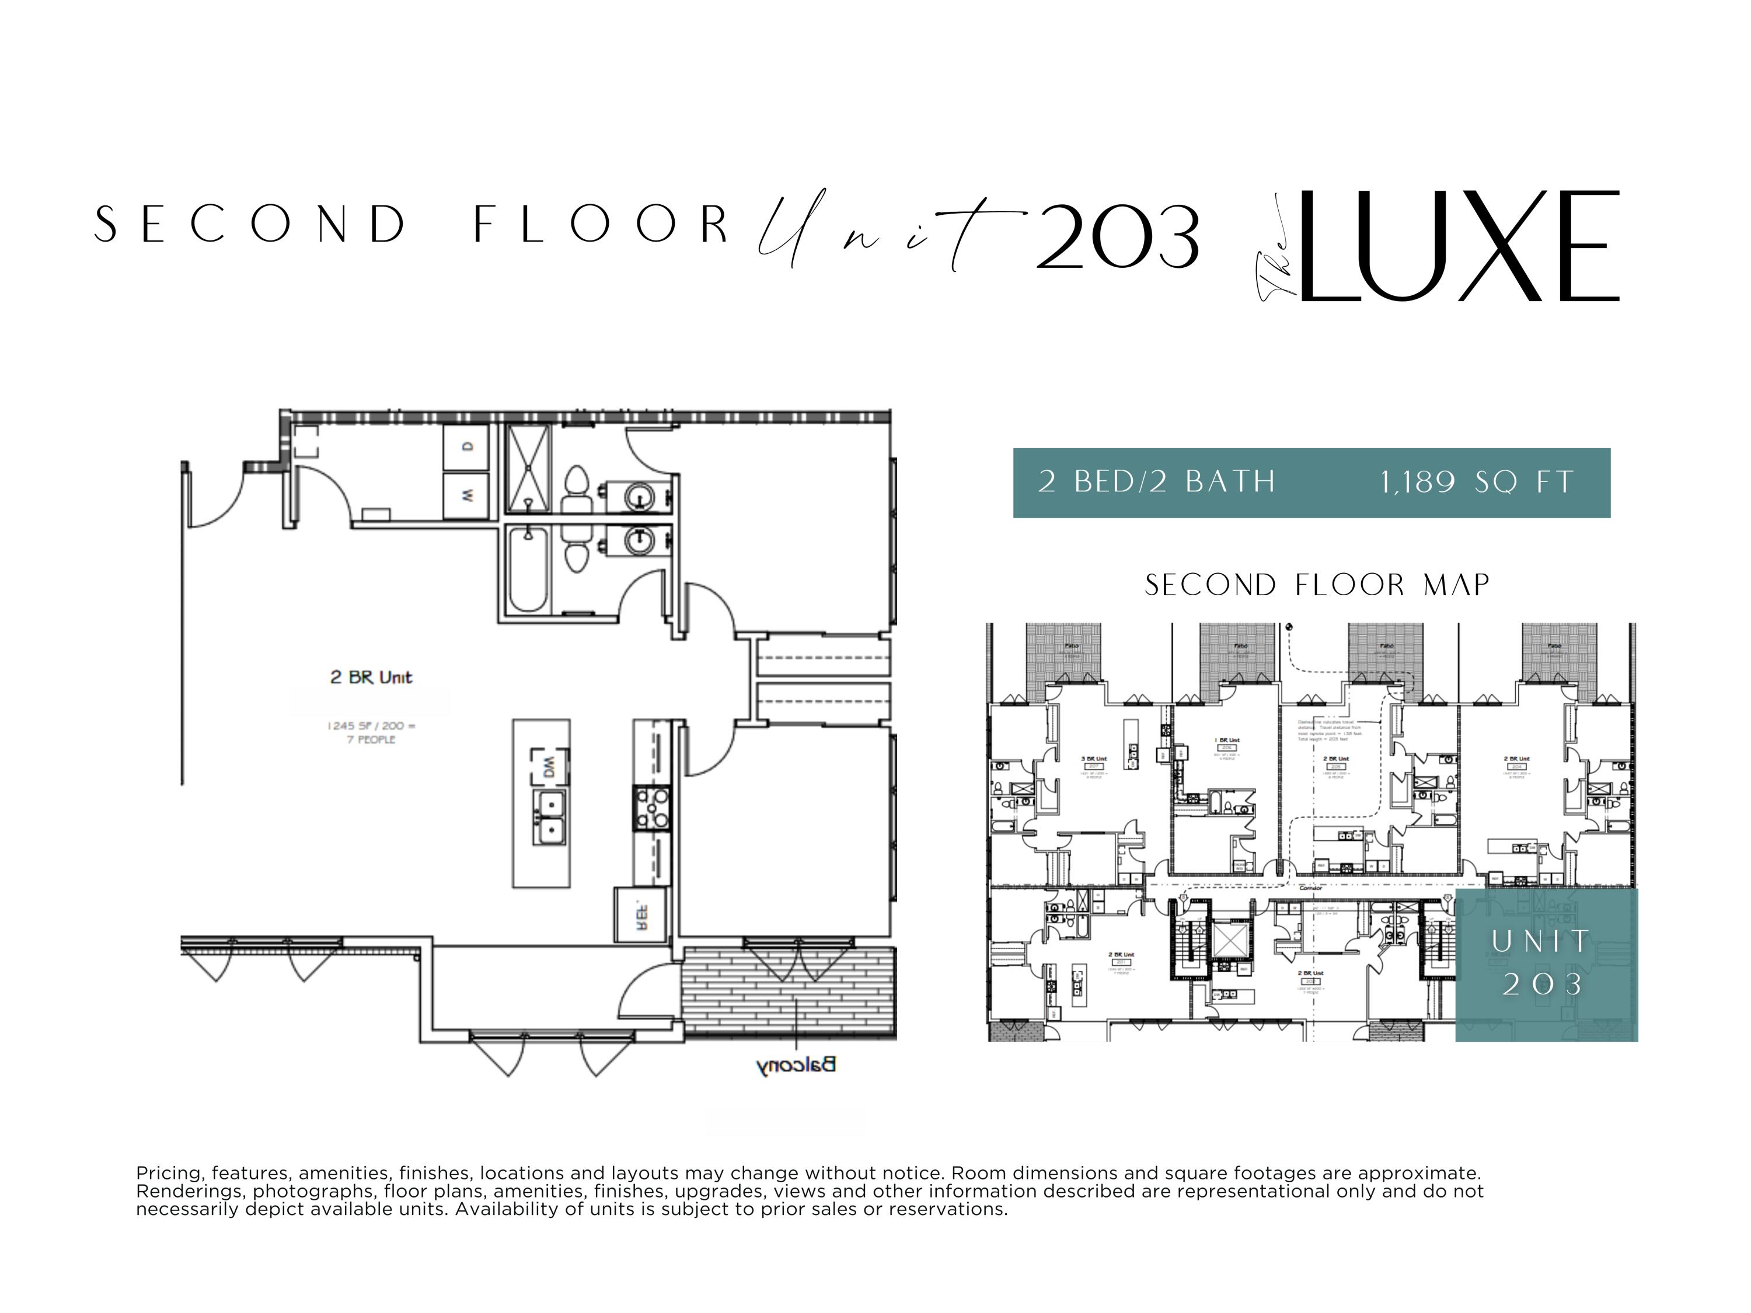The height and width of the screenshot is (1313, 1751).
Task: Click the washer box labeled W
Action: click(467, 495)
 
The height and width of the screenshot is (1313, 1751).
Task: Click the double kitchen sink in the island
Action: click(549, 818)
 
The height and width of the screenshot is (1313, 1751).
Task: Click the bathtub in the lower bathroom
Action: click(527, 570)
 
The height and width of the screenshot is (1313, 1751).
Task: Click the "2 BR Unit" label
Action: click(371, 677)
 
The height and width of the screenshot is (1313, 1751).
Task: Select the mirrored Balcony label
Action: click(796, 1064)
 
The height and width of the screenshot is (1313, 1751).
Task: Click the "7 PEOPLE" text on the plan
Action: click(371, 739)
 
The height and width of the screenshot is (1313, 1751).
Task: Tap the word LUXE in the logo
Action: click(1456, 246)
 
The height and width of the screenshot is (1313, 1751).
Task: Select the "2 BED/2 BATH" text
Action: click(1157, 482)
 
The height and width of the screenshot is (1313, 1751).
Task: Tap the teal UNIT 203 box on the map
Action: click(1545, 964)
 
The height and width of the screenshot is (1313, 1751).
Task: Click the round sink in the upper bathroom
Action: click(640, 497)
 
